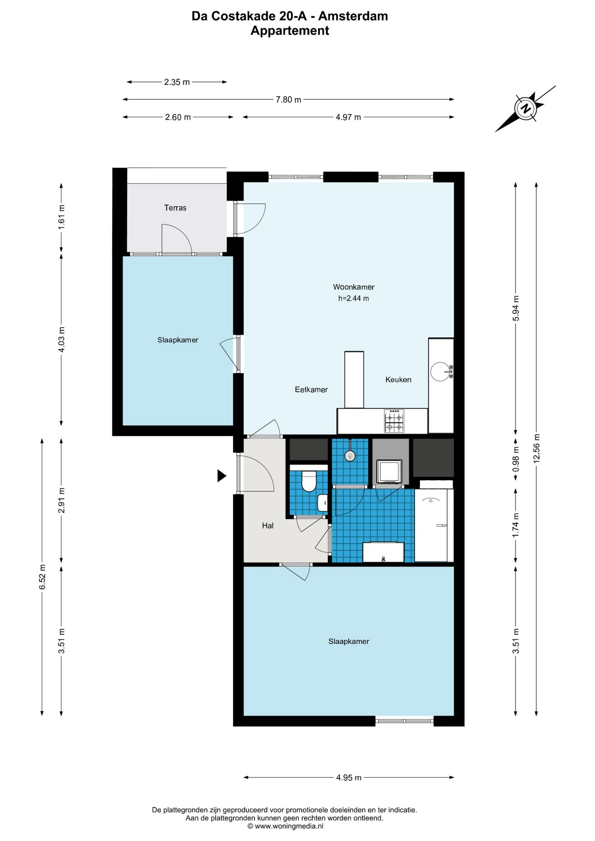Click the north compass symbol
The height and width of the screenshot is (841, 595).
click(525, 108)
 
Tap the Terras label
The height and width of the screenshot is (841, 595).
click(175, 208)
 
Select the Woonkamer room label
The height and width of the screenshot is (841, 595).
click(354, 287)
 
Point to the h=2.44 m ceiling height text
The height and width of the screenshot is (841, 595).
click(354, 298)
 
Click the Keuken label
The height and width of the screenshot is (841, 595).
click(398, 379)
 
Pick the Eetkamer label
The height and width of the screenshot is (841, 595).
click(311, 389)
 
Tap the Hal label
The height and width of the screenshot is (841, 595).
click(268, 526)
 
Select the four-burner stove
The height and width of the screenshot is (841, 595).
click(394, 421)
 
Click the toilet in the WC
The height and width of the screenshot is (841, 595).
click(309, 481)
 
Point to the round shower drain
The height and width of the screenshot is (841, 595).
click(350, 456)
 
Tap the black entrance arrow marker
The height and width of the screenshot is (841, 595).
click(222, 476)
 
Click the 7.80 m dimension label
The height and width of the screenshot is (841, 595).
click(288, 99)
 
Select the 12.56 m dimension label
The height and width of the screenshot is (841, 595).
click(537, 448)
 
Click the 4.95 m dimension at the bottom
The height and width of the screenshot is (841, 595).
click(349, 777)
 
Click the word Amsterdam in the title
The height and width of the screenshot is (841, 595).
click(353, 16)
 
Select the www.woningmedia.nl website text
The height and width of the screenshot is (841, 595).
click(289, 826)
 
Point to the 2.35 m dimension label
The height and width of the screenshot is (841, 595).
click(177, 82)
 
